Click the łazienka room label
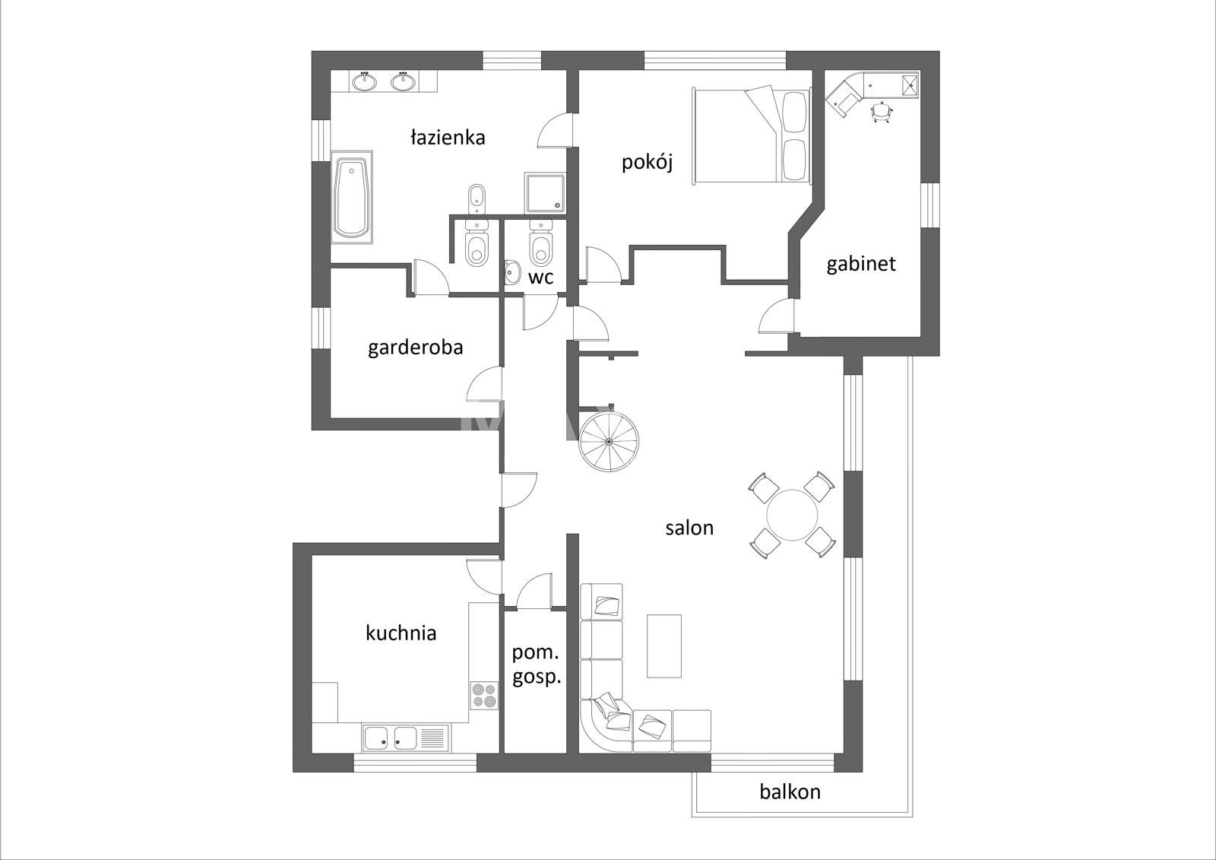[x=448, y=138]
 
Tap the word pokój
[x=647, y=162]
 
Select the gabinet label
[x=861, y=264]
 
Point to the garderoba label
[x=415, y=347]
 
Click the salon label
[x=689, y=528]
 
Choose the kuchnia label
[x=401, y=633]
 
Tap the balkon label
[x=790, y=792]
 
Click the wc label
[x=540, y=278]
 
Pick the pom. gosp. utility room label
[x=537, y=665]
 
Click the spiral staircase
[x=609, y=442]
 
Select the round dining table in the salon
[x=792, y=515]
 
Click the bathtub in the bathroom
[x=351, y=197]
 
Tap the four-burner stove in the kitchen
[x=483, y=696]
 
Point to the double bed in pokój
[x=752, y=134]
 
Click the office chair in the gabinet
[x=881, y=112]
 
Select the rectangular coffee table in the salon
[x=664, y=646]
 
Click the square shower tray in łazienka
[x=544, y=193]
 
